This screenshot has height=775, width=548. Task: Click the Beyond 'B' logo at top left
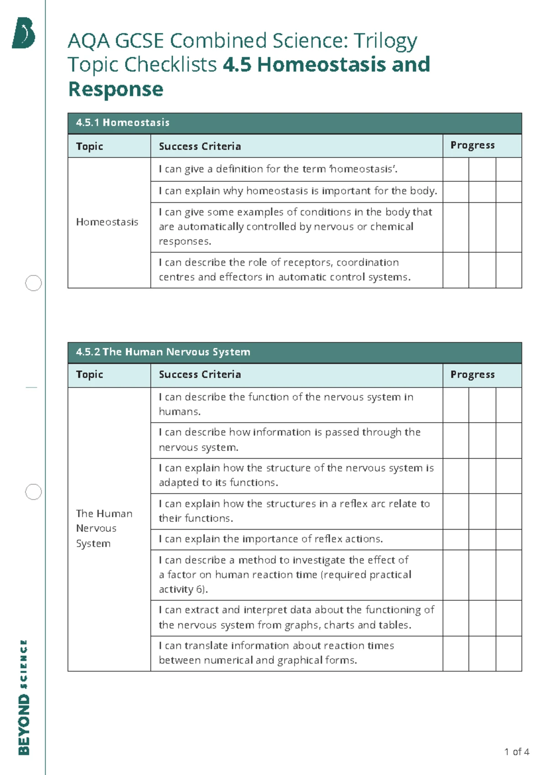(x=24, y=33)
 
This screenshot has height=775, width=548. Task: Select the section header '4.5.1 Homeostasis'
(x=122, y=122)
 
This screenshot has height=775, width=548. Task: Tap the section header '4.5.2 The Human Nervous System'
(x=163, y=352)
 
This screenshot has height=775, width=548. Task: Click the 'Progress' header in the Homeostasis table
(x=473, y=145)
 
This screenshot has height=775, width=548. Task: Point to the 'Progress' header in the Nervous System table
(x=473, y=374)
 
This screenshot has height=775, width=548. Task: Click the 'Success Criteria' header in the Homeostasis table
(x=200, y=146)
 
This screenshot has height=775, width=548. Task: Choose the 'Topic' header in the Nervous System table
(x=90, y=374)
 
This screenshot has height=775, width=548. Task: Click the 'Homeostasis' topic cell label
(x=107, y=222)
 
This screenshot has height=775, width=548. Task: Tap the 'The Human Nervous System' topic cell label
(x=104, y=528)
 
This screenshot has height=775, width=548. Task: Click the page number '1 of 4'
(x=516, y=752)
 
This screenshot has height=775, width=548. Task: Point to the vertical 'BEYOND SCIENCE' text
(x=24, y=697)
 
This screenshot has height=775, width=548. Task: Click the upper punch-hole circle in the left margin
(x=33, y=283)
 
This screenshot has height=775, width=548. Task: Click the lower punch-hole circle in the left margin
(x=33, y=492)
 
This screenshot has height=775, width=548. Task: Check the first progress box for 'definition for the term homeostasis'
(x=456, y=169)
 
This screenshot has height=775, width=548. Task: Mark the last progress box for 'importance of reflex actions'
(x=509, y=539)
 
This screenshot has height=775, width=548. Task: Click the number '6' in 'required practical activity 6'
(x=199, y=589)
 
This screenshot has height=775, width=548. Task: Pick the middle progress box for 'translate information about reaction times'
(x=482, y=653)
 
